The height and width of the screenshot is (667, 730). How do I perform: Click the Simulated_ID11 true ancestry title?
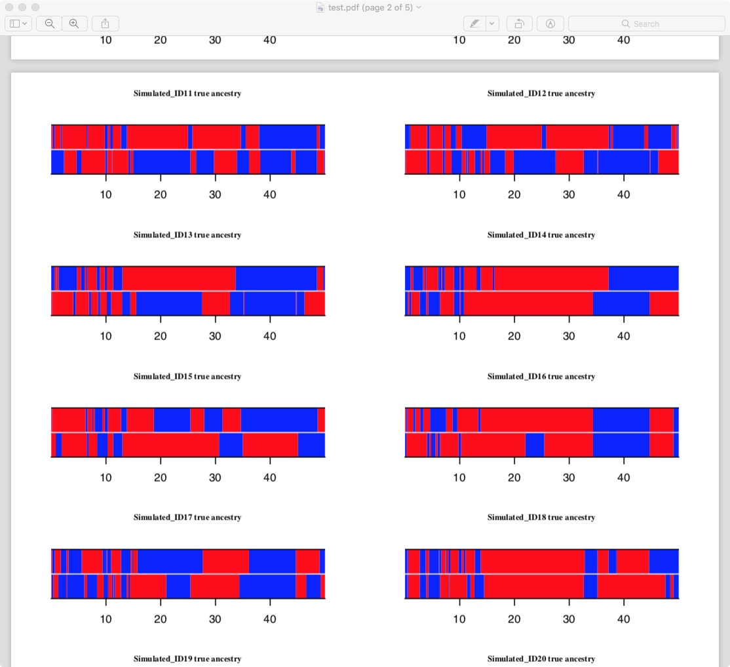pos(187,94)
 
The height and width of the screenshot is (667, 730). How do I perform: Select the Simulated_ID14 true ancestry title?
pos(541,235)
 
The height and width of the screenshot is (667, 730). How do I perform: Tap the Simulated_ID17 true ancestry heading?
pos(187,518)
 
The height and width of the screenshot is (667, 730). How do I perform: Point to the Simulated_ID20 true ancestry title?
pos(541,659)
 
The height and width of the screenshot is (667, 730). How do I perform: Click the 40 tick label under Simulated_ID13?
pos(269,336)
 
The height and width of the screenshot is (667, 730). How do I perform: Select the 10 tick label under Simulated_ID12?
pos(459,195)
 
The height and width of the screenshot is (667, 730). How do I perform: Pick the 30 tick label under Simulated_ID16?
pos(569,478)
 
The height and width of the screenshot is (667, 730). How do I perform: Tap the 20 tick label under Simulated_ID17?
pos(161,619)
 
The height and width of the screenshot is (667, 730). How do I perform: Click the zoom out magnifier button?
pos(49,24)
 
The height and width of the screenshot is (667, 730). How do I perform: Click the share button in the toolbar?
pos(105,24)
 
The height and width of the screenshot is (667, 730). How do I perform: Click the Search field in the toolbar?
pos(646,24)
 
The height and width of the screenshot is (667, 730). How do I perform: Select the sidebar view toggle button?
pos(18,24)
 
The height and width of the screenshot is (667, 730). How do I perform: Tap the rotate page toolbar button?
pos(519,24)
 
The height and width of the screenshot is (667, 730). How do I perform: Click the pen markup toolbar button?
pos(474,24)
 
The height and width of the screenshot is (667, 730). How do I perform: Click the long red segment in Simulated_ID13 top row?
pos(178,278)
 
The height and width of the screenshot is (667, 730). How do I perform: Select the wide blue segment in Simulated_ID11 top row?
pos(288,137)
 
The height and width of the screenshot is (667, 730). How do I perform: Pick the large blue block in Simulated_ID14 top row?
pos(643,278)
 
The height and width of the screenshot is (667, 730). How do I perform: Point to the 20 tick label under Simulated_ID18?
pos(514,619)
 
